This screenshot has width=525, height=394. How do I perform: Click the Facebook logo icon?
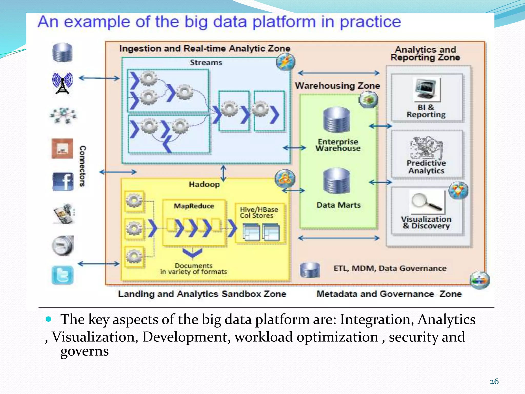coord(63,181)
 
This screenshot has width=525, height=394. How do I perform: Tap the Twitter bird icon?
coord(62,275)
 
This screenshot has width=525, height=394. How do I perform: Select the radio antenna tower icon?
coord(62,83)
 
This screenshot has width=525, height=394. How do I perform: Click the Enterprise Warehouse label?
coord(338,145)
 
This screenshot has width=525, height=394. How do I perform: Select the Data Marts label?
coord(338,205)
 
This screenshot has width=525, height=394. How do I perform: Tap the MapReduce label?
coord(194,206)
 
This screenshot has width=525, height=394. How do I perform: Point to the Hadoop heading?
coord(204,184)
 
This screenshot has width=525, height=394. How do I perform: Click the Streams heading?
coord(206,63)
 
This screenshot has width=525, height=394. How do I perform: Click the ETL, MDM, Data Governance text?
coord(390,268)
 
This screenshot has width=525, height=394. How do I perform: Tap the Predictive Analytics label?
coord(426,167)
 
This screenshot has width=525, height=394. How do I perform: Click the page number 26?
coord(494,381)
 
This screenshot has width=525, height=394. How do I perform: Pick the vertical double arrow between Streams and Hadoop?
coord(223,173)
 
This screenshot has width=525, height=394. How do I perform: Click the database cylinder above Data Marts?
coord(337,181)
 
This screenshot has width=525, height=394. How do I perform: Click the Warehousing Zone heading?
coord(337,85)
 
